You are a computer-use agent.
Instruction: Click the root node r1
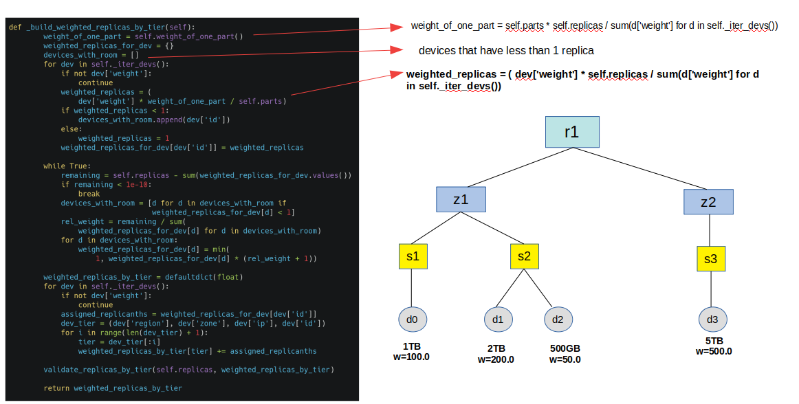click(571, 132)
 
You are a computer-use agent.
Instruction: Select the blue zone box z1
click(461, 199)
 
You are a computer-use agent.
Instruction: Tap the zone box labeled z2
click(708, 201)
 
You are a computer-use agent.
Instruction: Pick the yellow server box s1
click(413, 256)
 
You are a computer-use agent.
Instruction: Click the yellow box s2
click(525, 256)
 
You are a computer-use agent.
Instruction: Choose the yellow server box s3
click(710, 258)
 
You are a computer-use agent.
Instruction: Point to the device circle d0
click(412, 319)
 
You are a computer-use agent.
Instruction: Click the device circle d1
click(498, 319)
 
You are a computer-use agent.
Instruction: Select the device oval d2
click(558, 319)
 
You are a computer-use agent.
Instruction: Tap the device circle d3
click(713, 319)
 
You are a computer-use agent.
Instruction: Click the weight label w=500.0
click(714, 351)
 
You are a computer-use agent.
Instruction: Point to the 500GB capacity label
click(565, 348)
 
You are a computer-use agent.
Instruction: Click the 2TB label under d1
click(496, 348)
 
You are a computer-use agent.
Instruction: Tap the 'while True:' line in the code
click(67, 166)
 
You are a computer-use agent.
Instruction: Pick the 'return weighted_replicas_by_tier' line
click(113, 388)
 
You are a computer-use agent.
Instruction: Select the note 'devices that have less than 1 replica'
click(506, 51)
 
